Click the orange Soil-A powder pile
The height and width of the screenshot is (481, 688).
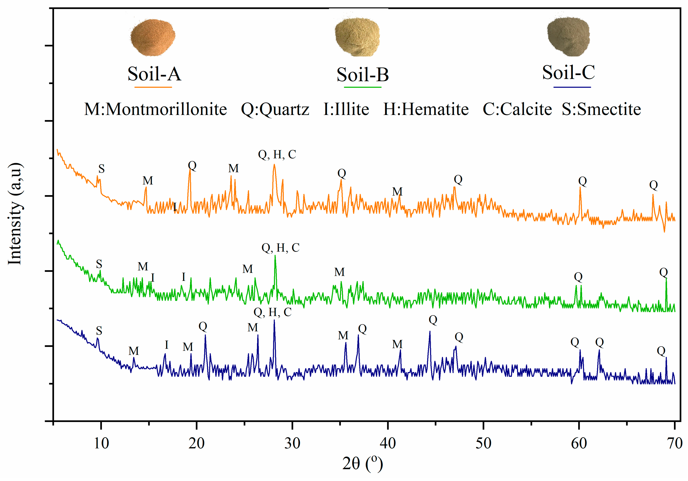pos(153,37)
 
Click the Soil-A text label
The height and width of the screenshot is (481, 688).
pos(154,74)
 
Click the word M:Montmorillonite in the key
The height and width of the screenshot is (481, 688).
pos(155,109)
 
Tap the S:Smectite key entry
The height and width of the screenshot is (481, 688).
pos(601,109)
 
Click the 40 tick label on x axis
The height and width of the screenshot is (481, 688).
pos(388,443)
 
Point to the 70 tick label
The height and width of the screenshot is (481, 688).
pos(674,443)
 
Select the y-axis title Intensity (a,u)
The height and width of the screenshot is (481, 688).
pos(15,214)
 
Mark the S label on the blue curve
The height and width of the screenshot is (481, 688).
pos(99,331)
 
